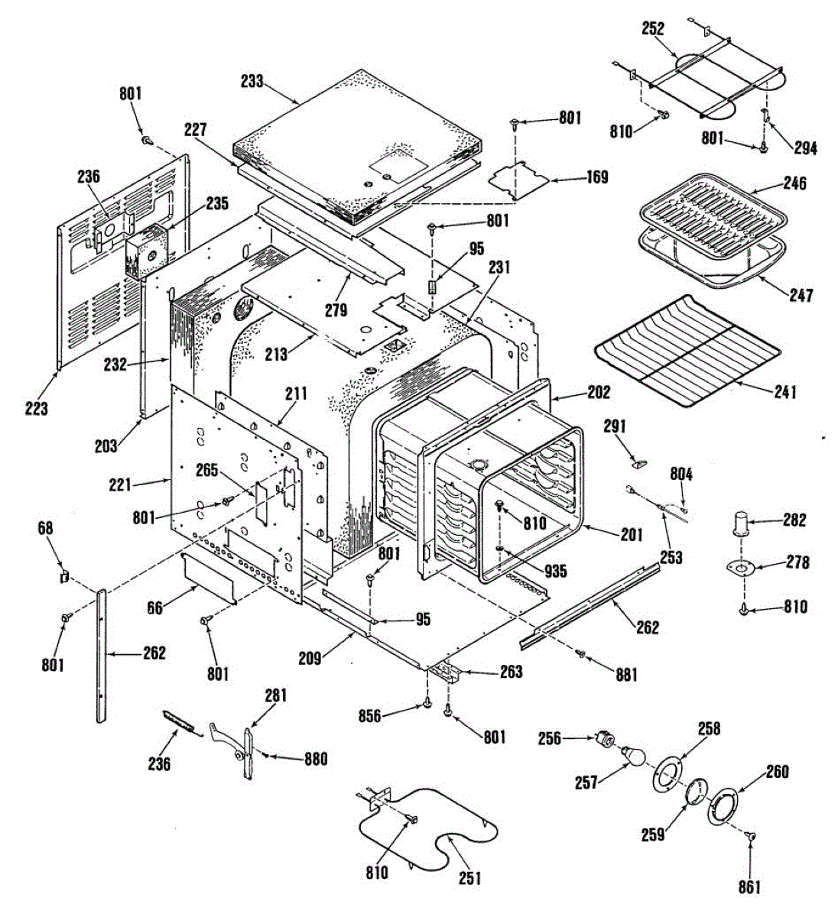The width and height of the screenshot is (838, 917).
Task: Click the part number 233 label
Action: (x=252, y=81)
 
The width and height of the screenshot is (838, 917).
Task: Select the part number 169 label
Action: (x=597, y=177)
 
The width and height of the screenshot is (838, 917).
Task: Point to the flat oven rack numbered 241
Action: (x=687, y=351)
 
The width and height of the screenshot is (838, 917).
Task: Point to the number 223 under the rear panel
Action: (x=36, y=408)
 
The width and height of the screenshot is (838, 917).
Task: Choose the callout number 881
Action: (x=626, y=674)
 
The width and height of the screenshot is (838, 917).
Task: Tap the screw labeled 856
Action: (x=427, y=705)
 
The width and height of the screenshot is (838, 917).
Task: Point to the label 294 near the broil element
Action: (x=806, y=147)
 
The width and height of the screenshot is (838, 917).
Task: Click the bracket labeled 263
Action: (x=446, y=671)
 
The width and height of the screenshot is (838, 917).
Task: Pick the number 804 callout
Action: (x=681, y=475)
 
